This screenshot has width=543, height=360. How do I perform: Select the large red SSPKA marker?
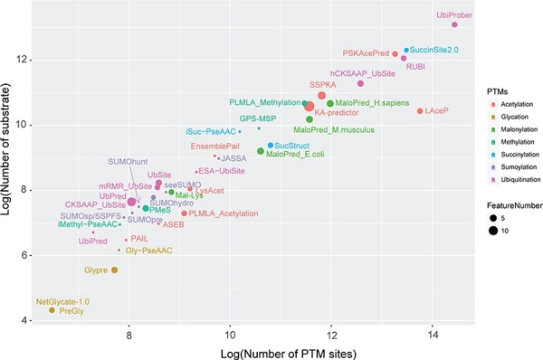point(321,96)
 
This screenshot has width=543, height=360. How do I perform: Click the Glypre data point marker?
point(114,270)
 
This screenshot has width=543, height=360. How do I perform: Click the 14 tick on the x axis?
point(432,332)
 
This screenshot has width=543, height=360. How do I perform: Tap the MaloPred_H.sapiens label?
point(370,102)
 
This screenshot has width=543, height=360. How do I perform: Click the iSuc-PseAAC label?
point(211,132)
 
